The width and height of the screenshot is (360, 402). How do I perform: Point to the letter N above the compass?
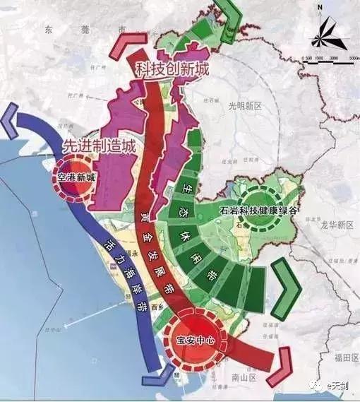coord(320,8)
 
